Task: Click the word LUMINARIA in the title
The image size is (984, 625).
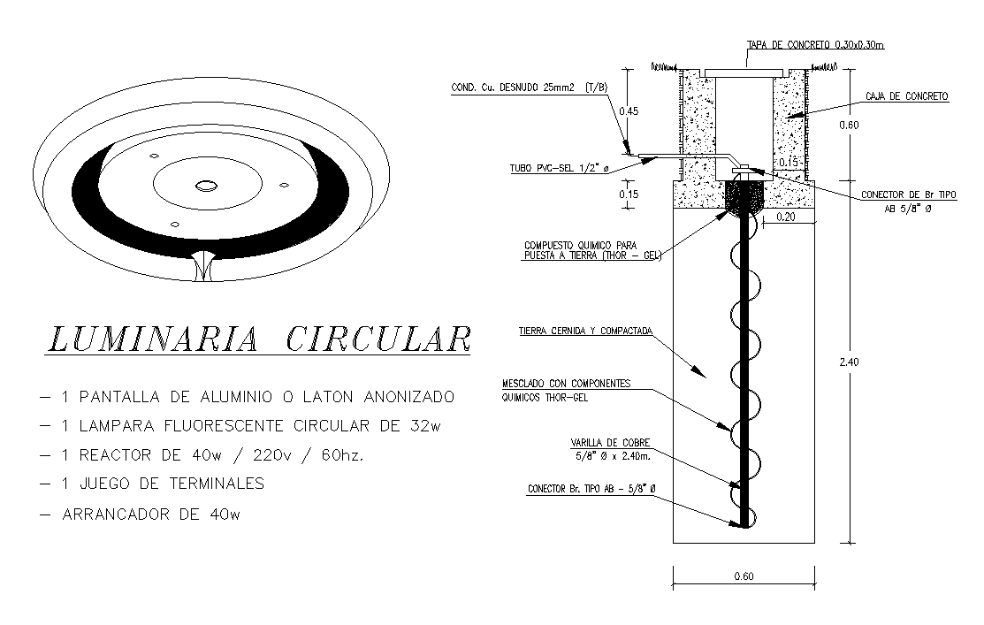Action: pos(151,339)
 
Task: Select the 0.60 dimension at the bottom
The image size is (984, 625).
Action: pos(744,577)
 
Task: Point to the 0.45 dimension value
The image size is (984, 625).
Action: pos(629,111)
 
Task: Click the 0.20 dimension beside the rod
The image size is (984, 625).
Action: pos(786,215)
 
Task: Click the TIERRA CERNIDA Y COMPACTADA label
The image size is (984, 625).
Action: pos(585,332)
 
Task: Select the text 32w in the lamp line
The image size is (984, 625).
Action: pos(425,425)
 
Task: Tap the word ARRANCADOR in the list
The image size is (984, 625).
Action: pos(119,513)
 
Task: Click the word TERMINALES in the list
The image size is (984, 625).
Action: pos(210,484)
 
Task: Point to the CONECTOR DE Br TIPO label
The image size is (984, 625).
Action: pos(905,195)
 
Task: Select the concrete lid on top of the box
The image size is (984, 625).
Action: pos(744,69)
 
